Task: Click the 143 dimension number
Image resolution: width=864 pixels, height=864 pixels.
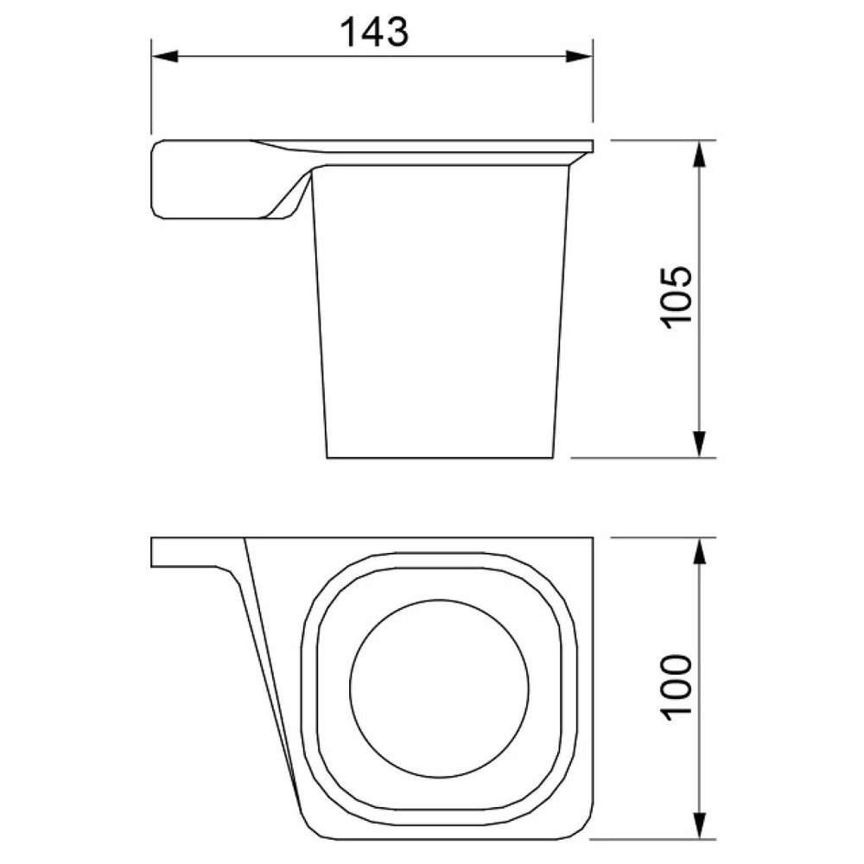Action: point(375,31)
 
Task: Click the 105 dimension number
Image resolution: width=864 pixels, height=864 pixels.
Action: point(677,298)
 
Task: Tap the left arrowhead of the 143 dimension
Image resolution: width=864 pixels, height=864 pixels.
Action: point(165,56)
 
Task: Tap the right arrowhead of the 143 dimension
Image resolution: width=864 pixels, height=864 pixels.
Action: point(579,56)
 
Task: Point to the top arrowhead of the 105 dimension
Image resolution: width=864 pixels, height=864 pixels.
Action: point(699,155)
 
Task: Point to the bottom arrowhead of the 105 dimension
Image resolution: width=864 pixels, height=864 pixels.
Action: point(699,443)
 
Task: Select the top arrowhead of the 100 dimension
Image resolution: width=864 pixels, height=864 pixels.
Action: point(699,551)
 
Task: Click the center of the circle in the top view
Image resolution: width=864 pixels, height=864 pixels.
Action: point(439,689)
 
